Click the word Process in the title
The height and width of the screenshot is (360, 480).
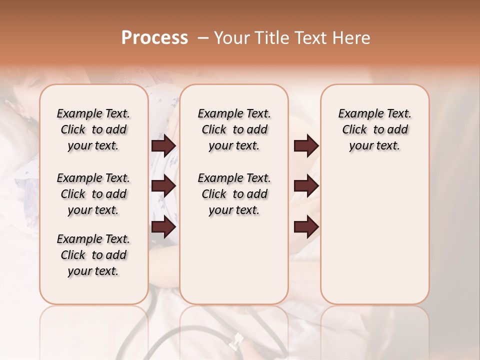click(154, 38)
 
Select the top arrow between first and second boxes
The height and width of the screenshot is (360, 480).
click(163, 146)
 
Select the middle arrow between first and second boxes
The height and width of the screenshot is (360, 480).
click(163, 186)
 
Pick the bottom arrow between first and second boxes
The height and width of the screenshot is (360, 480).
click(163, 227)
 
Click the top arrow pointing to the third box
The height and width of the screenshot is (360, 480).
click(306, 146)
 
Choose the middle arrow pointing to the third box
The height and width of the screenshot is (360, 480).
click(306, 186)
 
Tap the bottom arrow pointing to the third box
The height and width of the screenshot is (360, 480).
click(306, 227)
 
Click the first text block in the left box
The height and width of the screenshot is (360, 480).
click(93, 129)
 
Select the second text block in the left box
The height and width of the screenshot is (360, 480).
click(93, 194)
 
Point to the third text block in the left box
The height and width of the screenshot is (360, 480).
click(93, 255)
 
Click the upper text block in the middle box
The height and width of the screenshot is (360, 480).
click(234, 129)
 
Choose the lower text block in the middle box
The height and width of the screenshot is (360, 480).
click(234, 194)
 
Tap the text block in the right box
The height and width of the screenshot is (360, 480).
click(374, 129)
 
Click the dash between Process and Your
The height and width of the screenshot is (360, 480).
click(203, 38)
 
